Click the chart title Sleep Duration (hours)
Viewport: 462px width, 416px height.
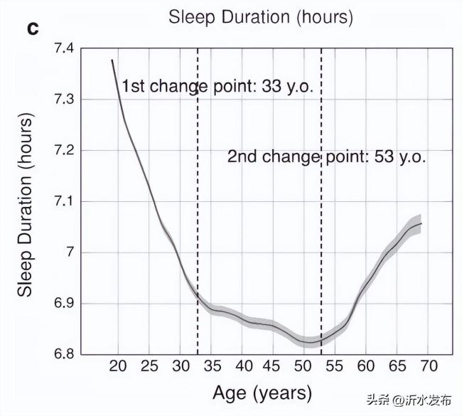pos(260,18)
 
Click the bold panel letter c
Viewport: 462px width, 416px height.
pos(33,28)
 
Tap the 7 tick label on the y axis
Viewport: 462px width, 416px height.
pos(70,252)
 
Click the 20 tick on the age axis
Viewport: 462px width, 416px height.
pos(118,366)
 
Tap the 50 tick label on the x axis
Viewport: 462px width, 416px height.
pos(303,366)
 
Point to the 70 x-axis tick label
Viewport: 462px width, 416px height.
pos(427,366)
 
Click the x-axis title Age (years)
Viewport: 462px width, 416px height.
pos(262,393)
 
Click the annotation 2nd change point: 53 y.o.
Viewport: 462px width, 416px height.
pos(326,157)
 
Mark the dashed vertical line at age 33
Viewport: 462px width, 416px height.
pos(198,213)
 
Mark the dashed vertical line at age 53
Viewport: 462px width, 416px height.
pos(321,213)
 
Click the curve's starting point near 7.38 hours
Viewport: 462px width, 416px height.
pos(112,60)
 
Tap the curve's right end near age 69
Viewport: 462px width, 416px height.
pos(421,223)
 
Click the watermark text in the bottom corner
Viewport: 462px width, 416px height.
pos(410,400)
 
